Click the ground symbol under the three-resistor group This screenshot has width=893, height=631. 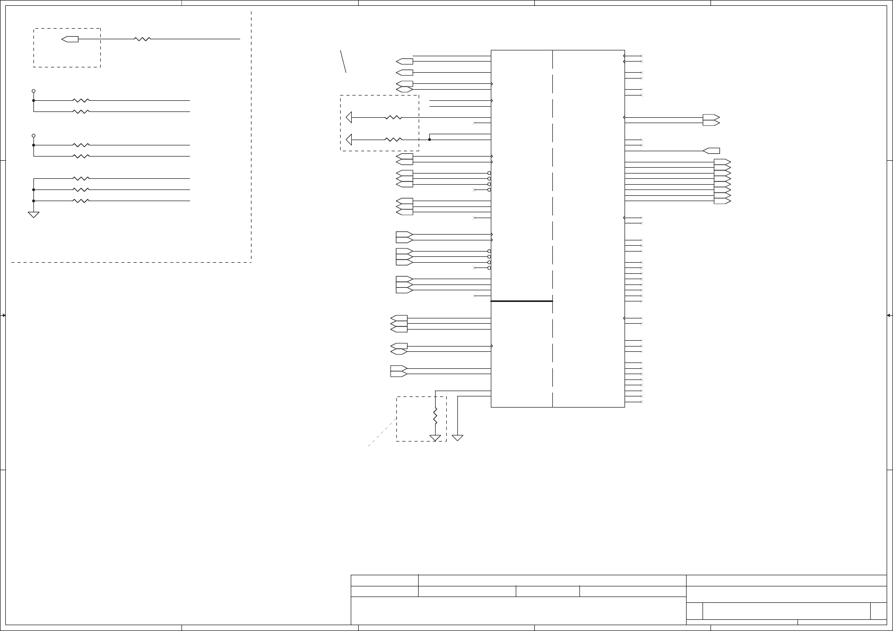[x=33, y=214]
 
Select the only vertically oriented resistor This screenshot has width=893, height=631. [x=435, y=416]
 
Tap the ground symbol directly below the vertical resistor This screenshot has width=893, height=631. [x=435, y=438]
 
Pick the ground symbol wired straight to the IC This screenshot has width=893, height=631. [x=457, y=438]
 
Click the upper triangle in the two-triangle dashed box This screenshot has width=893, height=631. [x=349, y=117]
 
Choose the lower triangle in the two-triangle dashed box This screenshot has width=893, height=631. [x=349, y=140]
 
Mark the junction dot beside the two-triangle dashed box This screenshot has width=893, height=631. [x=429, y=140]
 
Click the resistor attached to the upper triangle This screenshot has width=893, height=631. [x=393, y=117]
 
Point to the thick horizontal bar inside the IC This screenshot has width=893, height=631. [x=522, y=301]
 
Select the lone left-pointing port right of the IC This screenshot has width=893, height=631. [x=711, y=151]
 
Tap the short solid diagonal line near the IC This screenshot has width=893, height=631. [x=343, y=61]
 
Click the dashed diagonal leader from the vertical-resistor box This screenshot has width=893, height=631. [x=383, y=433]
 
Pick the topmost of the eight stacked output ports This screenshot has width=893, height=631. [x=722, y=162]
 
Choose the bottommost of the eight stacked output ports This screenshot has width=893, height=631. [x=722, y=201]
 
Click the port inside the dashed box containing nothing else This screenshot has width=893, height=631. [x=70, y=39]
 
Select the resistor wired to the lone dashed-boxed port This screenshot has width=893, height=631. [x=142, y=39]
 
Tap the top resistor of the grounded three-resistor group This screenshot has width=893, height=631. [x=81, y=178]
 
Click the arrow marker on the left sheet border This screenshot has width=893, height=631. [x=3, y=315]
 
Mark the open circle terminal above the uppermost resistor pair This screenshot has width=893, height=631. [x=33, y=91]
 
